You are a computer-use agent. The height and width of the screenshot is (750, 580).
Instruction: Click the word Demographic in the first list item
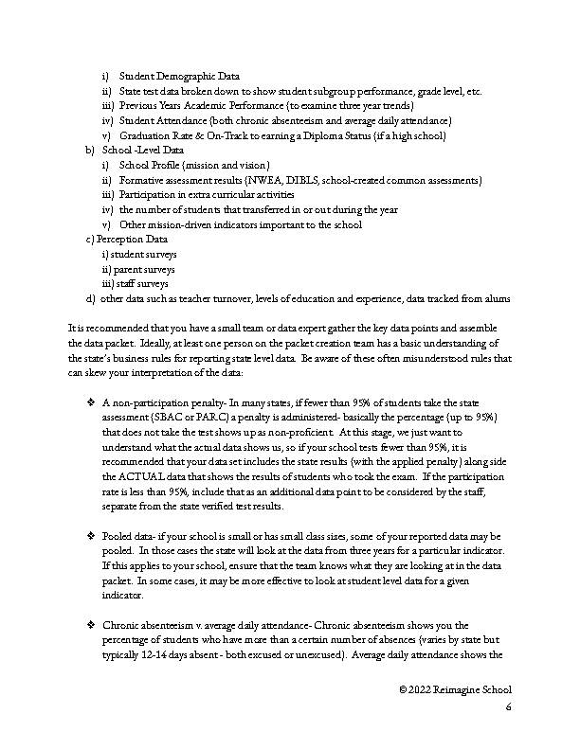tap(186, 76)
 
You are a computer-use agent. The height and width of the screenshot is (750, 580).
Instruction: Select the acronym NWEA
tap(265, 180)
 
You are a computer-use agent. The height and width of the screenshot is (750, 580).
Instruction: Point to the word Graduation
tap(146, 135)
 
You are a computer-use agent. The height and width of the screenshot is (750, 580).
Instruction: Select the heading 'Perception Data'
tap(138, 240)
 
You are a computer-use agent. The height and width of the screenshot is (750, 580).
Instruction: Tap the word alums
tap(497, 299)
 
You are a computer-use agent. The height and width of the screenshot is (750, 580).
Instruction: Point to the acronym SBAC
tap(165, 418)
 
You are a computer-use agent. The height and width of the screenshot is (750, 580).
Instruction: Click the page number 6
tap(508, 707)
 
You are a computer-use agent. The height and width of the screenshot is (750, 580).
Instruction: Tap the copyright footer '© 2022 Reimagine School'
tap(455, 692)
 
